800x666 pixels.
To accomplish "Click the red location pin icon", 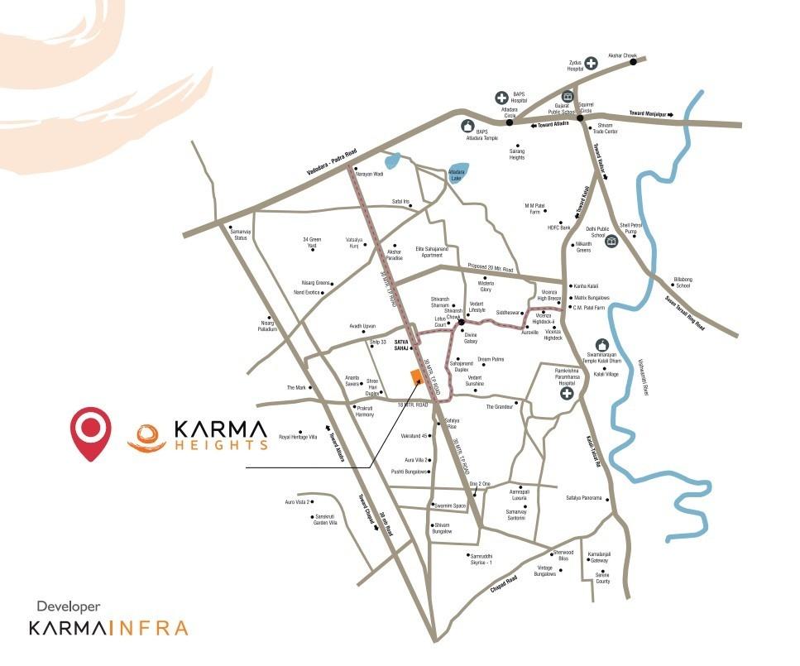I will tap(91, 429).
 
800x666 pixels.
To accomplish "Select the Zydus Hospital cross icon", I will tap(592, 63).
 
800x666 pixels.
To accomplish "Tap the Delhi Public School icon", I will tap(611, 242).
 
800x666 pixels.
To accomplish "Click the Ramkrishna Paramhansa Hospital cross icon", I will tap(567, 394).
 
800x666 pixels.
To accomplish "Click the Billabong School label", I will tap(683, 282).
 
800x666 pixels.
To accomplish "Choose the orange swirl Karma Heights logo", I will tap(146, 435).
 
